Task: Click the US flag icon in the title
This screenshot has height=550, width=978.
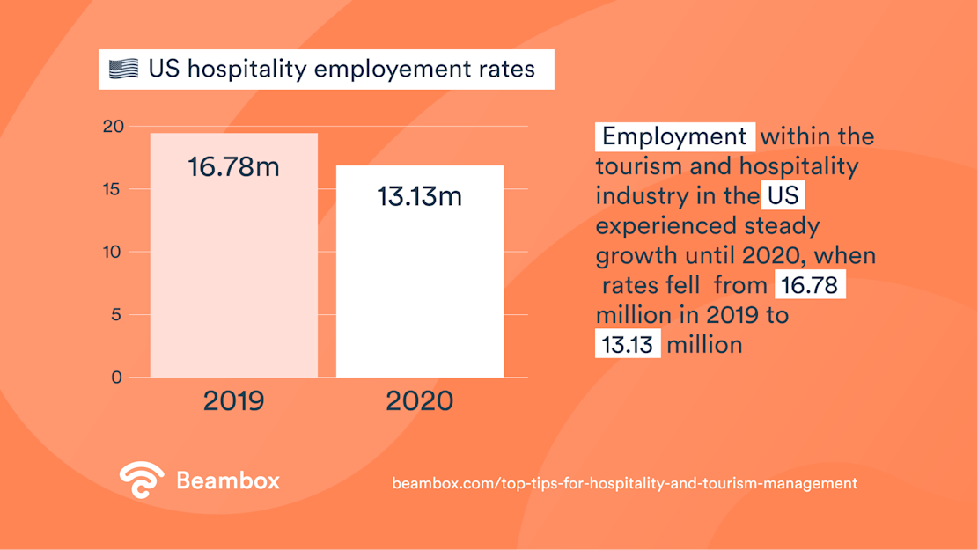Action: [x=123, y=69]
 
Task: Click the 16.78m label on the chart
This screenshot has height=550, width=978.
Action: [x=233, y=166]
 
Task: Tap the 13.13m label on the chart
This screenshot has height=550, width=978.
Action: [x=420, y=196]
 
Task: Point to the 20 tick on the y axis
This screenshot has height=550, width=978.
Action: [x=113, y=127]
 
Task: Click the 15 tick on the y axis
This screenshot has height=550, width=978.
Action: [x=113, y=189]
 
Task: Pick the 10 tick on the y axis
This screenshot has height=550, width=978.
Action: [x=113, y=252]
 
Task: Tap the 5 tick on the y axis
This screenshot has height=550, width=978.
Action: [x=117, y=315]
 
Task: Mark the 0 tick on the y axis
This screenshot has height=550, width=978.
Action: [x=117, y=378]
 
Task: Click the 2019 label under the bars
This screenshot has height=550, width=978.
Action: [x=233, y=401]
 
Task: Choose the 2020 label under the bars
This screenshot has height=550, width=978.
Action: [x=420, y=401]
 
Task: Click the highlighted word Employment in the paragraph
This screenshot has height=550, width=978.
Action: [x=674, y=136]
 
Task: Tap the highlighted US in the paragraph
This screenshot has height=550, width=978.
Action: [x=783, y=194]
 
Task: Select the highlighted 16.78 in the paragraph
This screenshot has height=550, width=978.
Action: [x=809, y=285]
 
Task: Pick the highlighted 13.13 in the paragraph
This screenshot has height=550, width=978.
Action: [x=628, y=343]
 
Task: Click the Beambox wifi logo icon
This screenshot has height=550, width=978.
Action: [x=142, y=480]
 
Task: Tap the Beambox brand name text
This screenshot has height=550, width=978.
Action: [x=228, y=480]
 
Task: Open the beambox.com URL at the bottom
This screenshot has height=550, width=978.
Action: [x=624, y=483]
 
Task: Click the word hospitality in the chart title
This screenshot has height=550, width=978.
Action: [x=246, y=69]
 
